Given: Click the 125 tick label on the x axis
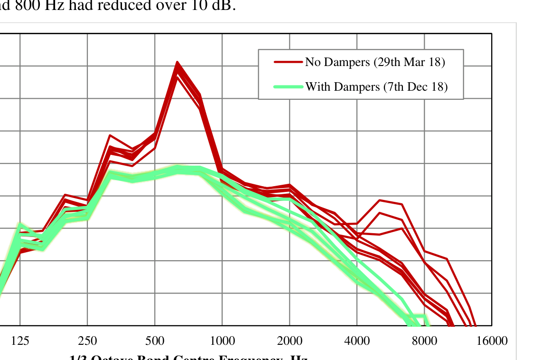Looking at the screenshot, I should coord(20,341).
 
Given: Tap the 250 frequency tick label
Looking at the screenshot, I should coord(87,341).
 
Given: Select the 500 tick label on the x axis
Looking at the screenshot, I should coord(155,341).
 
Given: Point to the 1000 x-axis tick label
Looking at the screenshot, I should coord(222,341).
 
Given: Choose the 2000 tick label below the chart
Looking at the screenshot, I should coord(289,341).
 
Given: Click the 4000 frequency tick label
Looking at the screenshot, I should coord(357,341).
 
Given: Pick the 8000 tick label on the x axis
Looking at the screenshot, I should coord(424,341).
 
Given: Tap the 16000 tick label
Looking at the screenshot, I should coord(492,341).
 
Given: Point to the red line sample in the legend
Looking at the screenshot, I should coord(288,62).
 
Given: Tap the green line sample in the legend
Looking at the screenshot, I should coord(288,87).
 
